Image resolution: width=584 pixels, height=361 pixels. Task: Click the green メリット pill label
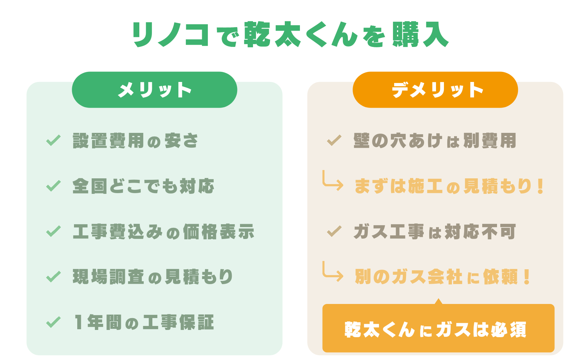click(154, 90)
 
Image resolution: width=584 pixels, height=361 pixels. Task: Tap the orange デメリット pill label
click(435, 90)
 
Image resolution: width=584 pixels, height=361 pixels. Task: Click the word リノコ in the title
click(171, 34)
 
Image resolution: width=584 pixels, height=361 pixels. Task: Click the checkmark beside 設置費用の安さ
click(53, 140)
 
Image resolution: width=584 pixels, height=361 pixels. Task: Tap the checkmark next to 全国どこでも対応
click(53, 186)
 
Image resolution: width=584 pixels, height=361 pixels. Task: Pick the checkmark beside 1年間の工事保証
click(53, 322)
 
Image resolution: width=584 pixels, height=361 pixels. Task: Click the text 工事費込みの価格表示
click(164, 231)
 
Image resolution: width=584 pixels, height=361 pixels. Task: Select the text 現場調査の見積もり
click(153, 277)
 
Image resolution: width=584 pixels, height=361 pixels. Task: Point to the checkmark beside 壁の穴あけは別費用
click(334, 140)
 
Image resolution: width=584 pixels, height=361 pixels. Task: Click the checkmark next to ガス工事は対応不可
click(334, 231)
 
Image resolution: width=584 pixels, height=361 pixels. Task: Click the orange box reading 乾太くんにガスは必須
click(438, 328)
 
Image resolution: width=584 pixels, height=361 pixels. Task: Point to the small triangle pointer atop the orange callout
click(439, 301)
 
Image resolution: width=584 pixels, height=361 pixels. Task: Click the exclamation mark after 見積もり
click(541, 186)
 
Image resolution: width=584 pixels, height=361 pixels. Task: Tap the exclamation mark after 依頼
click(527, 277)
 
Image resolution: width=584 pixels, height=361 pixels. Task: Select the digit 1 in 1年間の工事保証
click(78, 322)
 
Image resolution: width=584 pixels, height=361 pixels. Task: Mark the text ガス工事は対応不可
click(435, 231)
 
